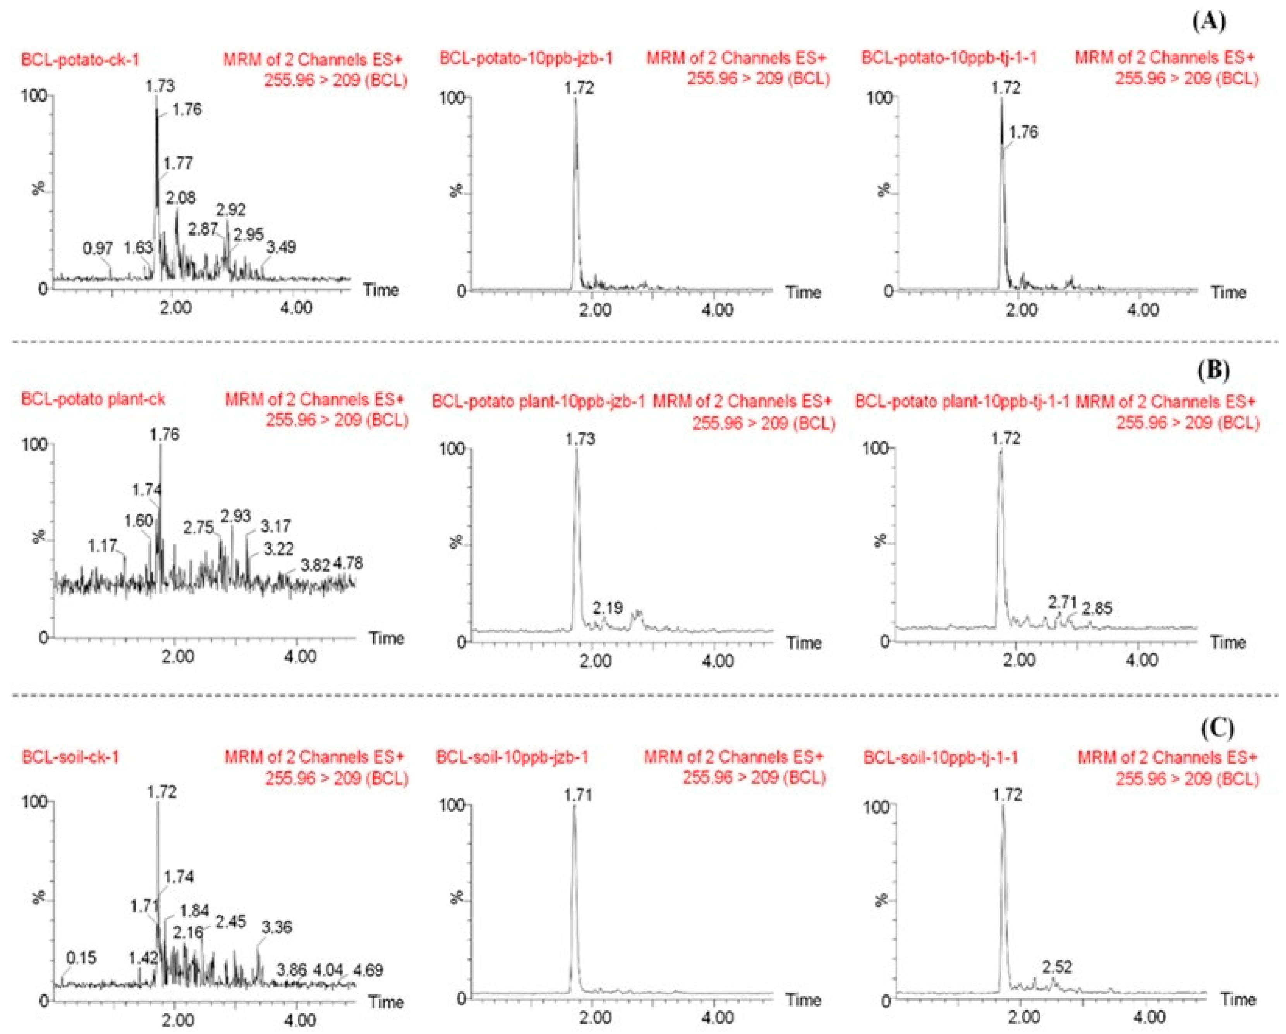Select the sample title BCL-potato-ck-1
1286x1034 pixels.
click(81, 60)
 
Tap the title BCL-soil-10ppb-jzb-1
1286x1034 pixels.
click(512, 757)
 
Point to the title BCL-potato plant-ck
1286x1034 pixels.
click(93, 399)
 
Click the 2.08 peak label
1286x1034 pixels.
click(180, 198)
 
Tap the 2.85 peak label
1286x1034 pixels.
click(1097, 609)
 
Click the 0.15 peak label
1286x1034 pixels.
click(81, 958)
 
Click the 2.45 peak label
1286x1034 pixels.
click(230, 921)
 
